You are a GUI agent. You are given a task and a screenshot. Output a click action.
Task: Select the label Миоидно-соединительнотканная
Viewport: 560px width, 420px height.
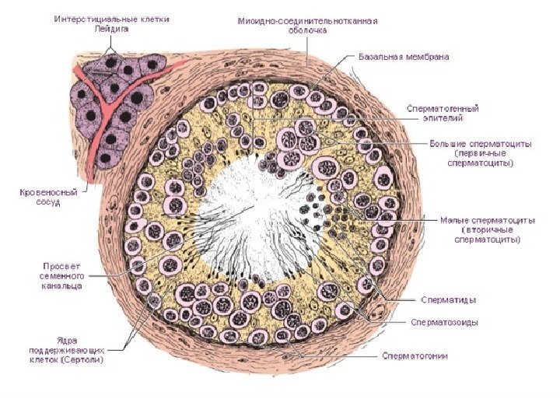pyautogui.click(x=307, y=21)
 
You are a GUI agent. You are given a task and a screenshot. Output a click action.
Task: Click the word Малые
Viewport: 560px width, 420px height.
pyautogui.click(x=456, y=220)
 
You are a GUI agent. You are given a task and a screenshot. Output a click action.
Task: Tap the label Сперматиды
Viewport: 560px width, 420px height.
pyautogui.click(x=449, y=299)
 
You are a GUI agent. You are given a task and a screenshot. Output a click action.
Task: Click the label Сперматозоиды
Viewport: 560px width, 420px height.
pyautogui.click(x=445, y=322)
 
